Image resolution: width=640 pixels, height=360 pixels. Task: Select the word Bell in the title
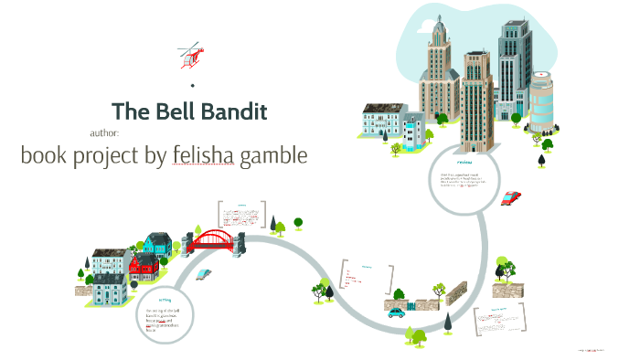167,112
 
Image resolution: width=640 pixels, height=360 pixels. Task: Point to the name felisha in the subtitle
203,156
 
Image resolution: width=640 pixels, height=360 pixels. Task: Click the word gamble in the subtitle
273,156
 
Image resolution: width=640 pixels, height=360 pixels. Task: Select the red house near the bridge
144,267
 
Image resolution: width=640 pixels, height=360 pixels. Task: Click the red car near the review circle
511,197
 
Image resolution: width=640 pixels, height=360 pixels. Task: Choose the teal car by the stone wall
396,312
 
